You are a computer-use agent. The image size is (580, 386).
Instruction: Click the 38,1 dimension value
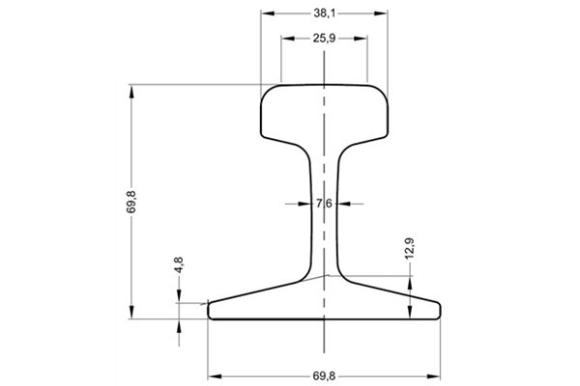325,14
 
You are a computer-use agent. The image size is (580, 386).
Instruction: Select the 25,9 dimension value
325,39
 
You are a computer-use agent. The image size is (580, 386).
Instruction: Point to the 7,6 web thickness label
325,204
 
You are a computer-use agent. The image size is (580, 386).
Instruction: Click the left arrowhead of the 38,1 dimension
266,14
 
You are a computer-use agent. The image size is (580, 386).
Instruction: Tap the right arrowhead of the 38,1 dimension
384,14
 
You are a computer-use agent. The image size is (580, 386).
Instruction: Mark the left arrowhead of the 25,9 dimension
285,39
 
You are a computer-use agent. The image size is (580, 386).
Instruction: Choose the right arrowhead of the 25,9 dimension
363,39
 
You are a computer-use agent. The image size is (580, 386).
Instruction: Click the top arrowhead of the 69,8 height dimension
131,91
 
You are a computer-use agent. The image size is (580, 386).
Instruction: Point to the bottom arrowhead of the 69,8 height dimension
131,315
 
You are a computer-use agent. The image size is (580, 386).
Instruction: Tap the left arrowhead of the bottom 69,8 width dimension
214,372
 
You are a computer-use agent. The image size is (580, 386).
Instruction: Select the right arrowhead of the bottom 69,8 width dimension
436,372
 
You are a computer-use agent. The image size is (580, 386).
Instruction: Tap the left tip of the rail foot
212,309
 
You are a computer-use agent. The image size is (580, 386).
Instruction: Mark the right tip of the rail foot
438,309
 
